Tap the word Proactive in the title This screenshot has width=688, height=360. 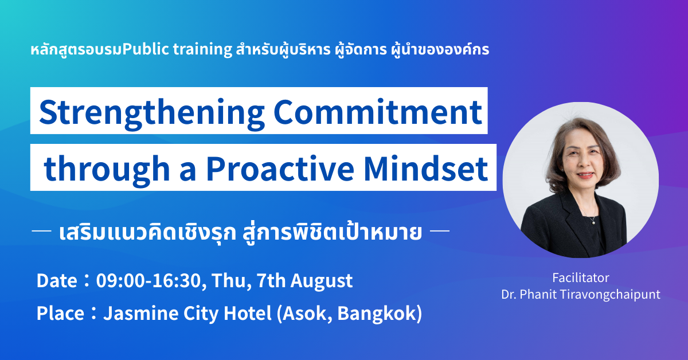click(x=280, y=169)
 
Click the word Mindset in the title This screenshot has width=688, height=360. click(x=426, y=169)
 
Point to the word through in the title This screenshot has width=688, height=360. click(x=107, y=171)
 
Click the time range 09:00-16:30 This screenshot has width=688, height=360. click(x=148, y=280)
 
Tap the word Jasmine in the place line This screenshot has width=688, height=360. click(x=141, y=314)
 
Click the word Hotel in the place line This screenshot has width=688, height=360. click(x=248, y=314)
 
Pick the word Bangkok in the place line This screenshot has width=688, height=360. click(x=380, y=314)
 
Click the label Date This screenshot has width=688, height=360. click(x=57, y=281)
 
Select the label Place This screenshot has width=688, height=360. click(x=60, y=314)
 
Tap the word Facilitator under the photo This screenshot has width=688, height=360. click(x=580, y=278)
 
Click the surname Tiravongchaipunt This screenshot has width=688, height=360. click(x=610, y=295)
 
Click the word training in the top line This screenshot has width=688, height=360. click(x=203, y=50)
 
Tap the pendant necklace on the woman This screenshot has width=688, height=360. click(x=594, y=222)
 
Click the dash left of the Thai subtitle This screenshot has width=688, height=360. click(x=41, y=230)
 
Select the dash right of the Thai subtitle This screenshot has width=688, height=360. click(x=440, y=230)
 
